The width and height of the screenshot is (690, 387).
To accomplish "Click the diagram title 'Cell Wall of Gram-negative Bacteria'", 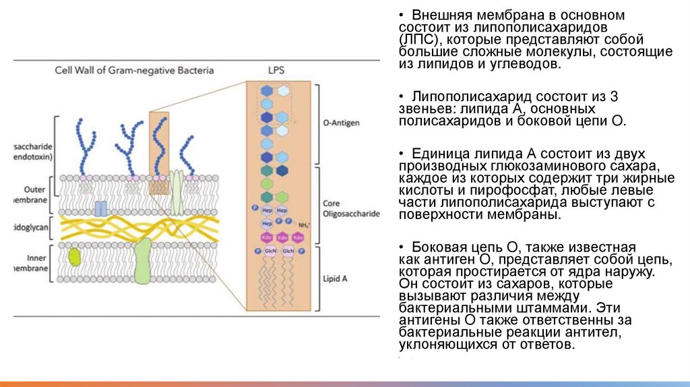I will point(134,70).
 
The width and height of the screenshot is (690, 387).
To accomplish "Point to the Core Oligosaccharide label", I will point(351,208).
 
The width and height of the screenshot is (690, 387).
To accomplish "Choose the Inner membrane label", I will point(34,263).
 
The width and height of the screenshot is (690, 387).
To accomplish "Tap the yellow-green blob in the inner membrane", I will point(73,256).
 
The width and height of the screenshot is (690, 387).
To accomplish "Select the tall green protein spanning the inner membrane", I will point(143,260).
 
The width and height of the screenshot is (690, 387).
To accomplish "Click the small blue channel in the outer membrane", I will point(100,208).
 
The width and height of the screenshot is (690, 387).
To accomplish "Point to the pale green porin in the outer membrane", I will point(176,191).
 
